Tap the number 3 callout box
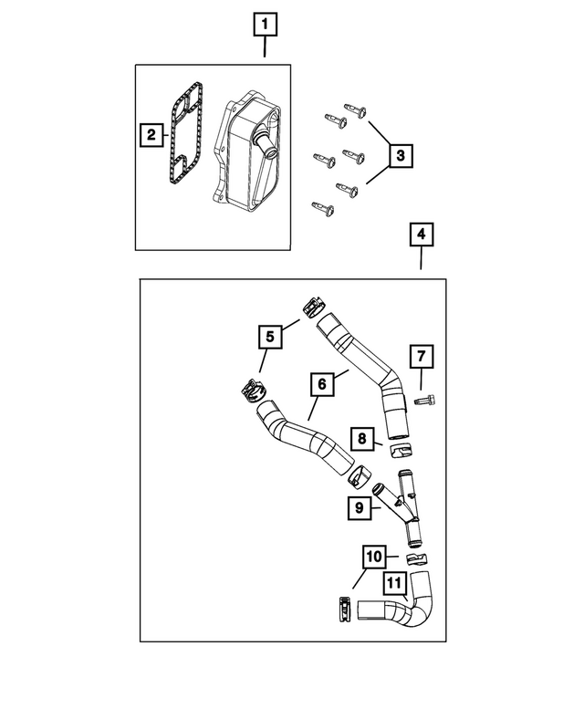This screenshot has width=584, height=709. click(399, 157)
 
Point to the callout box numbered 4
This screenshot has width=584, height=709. click(419, 235)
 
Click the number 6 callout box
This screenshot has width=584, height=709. click(321, 385)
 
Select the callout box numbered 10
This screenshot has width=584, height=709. click(374, 556)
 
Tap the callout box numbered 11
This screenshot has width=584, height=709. click(394, 583)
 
